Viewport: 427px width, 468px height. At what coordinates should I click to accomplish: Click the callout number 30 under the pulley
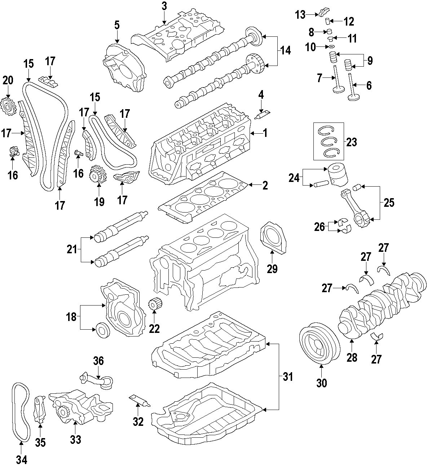coord(321,383)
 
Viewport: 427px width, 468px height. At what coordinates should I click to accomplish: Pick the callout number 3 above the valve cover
coord(164,6)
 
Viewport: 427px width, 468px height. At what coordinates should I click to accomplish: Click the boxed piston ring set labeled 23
coord(328,141)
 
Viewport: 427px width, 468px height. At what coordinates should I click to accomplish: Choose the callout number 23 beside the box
coord(351,142)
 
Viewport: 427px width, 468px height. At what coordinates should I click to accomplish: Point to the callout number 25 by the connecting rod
coord(389,202)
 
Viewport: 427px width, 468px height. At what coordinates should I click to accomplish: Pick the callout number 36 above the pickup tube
coord(98,361)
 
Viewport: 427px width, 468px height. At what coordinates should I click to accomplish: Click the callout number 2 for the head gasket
coord(265,186)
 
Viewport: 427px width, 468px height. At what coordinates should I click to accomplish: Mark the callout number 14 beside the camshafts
coord(285,51)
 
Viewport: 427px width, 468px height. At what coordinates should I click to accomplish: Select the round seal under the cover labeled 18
coord(103,330)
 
